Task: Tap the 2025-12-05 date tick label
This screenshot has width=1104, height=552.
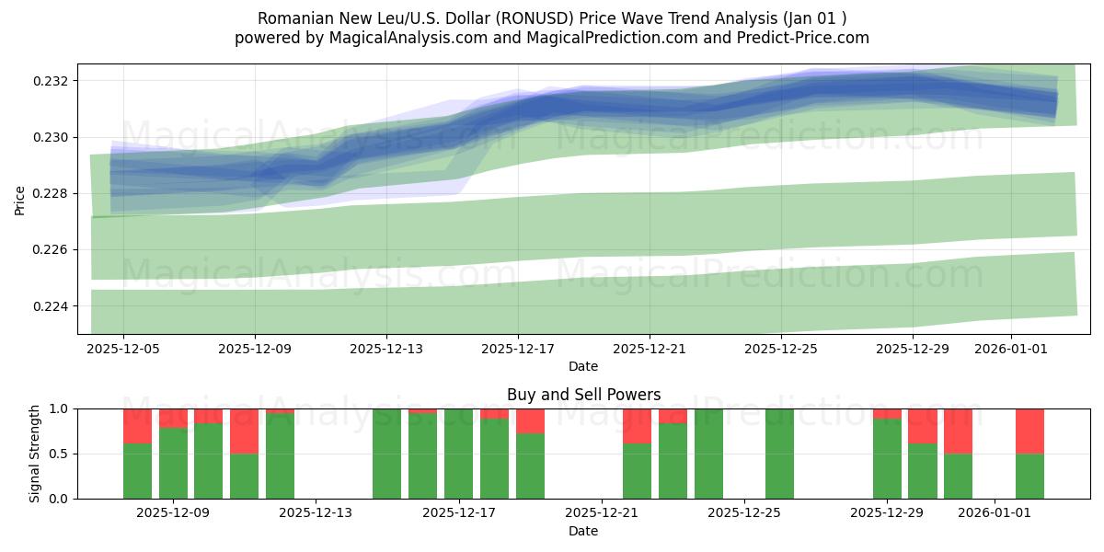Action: [x=123, y=350]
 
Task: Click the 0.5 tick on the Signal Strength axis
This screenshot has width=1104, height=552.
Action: [x=59, y=454]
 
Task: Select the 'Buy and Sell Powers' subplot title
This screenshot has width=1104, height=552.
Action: [x=583, y=395]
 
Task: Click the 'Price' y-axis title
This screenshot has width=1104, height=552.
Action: [x=20, y=199]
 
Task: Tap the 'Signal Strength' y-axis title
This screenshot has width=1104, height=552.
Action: [x=34, y=454]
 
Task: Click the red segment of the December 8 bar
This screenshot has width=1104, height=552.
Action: [x=138, y=425]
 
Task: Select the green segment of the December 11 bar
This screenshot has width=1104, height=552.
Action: [x=245, y=476]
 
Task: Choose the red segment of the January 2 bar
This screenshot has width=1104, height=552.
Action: [x=1029, y=431]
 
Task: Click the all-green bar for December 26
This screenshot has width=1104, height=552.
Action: [x=779, y=454]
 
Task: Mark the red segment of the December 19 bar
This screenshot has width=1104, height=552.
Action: [x=530, y=420]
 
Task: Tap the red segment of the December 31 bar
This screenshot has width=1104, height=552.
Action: [x=958, y=431]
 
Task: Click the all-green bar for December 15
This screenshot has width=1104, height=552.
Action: [x=387, y=454]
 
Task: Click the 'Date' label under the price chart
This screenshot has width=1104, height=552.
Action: [x=583, y=366]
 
